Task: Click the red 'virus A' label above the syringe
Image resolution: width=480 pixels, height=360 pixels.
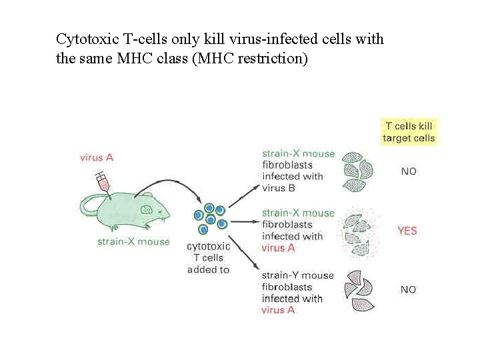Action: click(x=96, y=157)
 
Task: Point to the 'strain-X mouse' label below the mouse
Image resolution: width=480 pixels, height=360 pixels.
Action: click(x=133, y=241)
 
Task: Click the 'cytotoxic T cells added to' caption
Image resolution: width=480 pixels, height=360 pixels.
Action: click(x=208, y=258)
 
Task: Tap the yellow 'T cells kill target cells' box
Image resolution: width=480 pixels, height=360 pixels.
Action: click(x=408, y=131)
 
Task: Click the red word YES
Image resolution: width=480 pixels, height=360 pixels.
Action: click(x=407, y=231)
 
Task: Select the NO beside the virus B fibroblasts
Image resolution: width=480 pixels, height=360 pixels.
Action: click(x=408, y=171)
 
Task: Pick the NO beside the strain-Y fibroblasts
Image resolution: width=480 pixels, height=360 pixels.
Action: click(x=408, y=289)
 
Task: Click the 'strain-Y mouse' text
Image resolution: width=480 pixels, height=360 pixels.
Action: click(x=297, y=275)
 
